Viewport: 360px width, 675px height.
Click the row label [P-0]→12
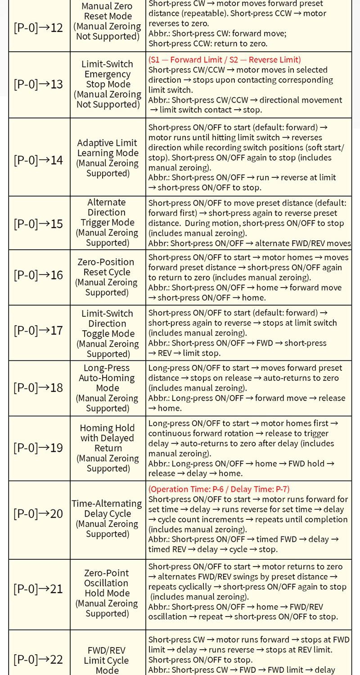tap(39, 27)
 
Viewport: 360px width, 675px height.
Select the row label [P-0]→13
tap(39, 84)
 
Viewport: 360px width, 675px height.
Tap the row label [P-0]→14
tap(39, 160)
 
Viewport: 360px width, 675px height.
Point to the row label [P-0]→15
tap(39, 223)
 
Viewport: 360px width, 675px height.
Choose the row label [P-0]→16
tap(39, 274)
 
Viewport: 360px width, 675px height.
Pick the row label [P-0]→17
tap(39, 330)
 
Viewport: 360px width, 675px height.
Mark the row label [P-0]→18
tap(39, 387)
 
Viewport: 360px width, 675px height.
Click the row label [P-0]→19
tap(39, 447)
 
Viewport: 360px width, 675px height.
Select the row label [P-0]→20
tap(39, 513)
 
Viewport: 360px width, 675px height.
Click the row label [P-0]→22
tap(39, 659)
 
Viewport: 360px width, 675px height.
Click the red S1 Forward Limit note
tap(225, 59)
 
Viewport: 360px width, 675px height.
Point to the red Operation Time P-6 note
tap(219, 489)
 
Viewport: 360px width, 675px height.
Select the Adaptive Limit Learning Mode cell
tap(107, 157)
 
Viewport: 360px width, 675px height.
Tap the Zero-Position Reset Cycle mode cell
tap(107, 277)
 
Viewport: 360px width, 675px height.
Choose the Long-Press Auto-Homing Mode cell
tap(107, 387)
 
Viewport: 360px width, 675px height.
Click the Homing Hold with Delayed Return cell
tap(107, 448)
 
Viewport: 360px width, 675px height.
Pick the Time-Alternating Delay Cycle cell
tap(107, 518)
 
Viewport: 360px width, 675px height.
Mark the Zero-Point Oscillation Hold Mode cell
tap(107, 593)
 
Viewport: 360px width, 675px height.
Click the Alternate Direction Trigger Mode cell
tap(107, 222)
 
